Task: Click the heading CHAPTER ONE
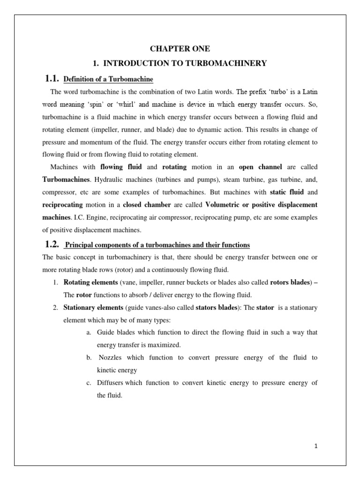coord(180,49)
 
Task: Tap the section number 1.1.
coord(52,78)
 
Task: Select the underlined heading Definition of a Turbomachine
coord(108,78)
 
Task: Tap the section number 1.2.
coord(52,244)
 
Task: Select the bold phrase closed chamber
coord(147,205)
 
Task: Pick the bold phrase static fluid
coord(287,192)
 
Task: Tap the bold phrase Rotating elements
coord(90,283)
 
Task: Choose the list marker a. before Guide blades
coord(89,332)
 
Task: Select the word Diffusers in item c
coord(110,383)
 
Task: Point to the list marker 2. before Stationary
coord(55,308)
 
